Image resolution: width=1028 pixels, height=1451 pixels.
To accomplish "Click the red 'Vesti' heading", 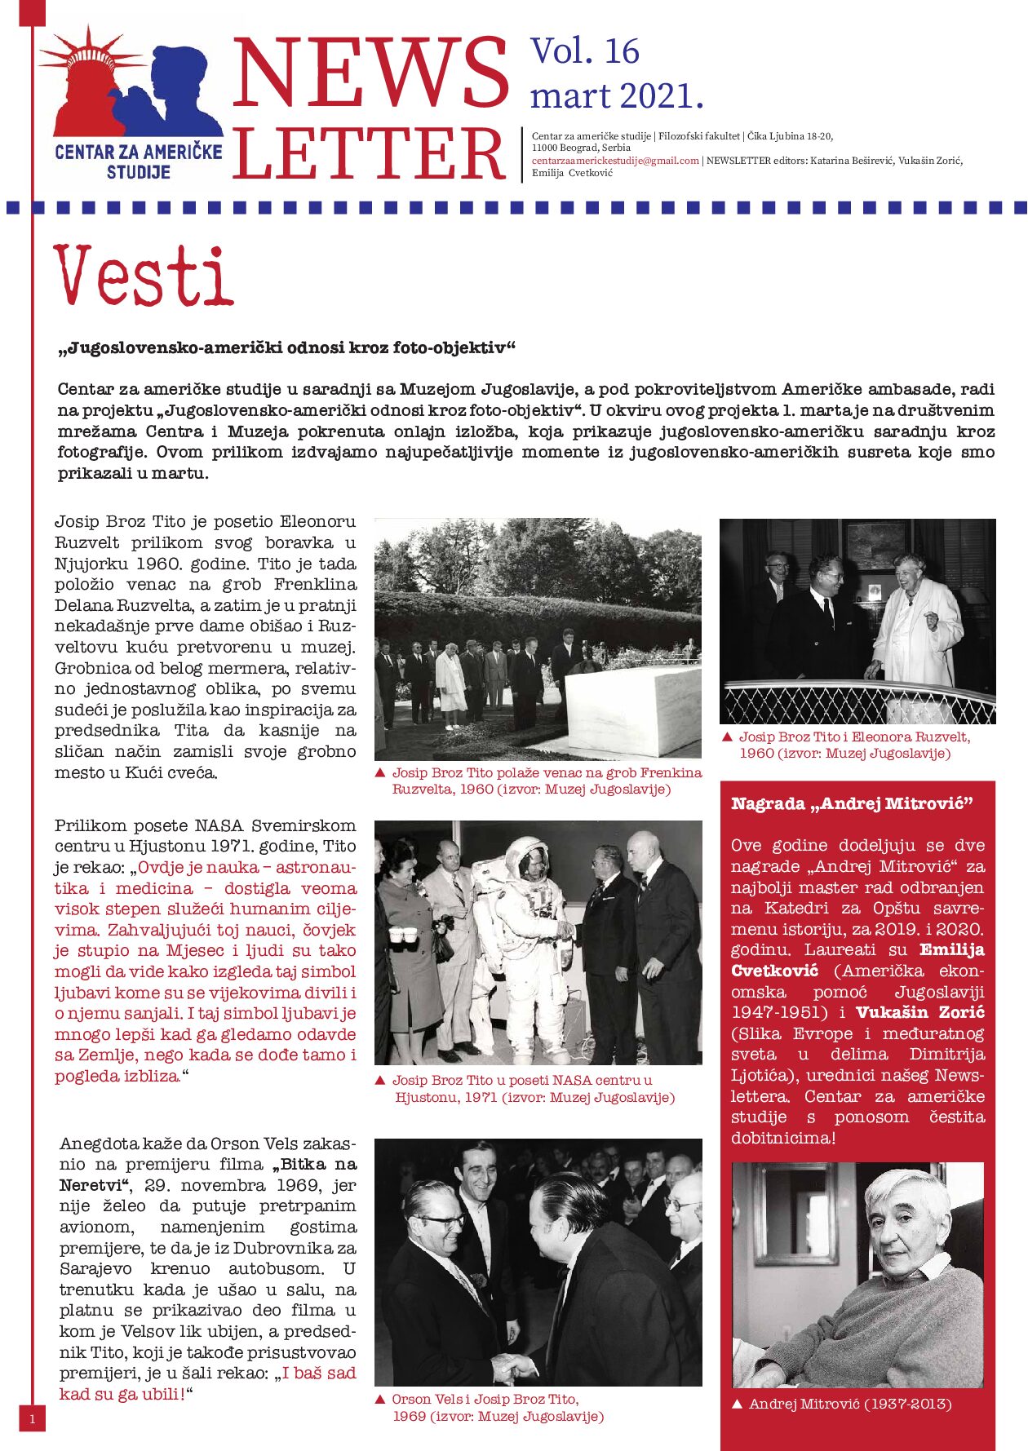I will [x=144, y=276].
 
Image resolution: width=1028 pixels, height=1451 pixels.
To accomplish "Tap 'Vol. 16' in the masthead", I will [x=585, y=51].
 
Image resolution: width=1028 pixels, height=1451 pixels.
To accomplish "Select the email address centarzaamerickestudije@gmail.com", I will [x=615, y=161].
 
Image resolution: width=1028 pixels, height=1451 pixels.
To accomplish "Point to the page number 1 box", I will [x=32, y=1418].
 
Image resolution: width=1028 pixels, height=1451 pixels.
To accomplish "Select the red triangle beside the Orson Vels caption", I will [x=379, y=1399].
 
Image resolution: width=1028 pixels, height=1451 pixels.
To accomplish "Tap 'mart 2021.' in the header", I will [x=616, y=95].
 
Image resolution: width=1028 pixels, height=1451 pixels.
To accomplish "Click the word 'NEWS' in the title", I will [x=371, y=73].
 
